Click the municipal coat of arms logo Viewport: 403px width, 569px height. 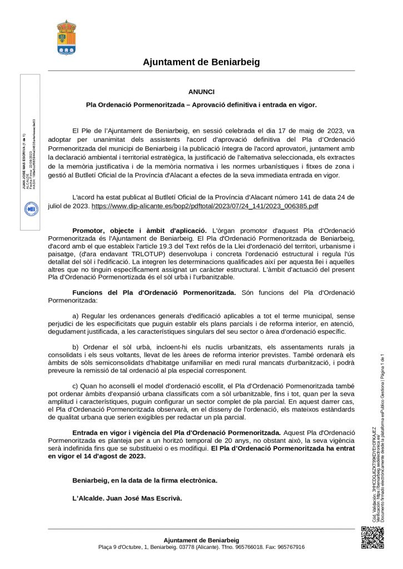(x=67, y=38)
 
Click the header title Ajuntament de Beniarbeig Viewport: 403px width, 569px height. (x=201, y=62)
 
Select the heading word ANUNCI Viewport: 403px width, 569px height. (x=201, y=92)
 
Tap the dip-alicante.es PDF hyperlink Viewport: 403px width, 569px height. (x=205, y=206)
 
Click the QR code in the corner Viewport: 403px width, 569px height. (x=372, y=537)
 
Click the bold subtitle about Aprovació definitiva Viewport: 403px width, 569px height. (x=201, y=104)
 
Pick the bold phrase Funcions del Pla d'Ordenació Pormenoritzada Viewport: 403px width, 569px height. (x=154, y=292)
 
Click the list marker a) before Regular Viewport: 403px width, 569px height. (x=77, y=316)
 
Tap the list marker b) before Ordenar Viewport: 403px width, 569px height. (x=77, y=347)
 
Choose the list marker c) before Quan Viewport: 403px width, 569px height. (x=77, y=386)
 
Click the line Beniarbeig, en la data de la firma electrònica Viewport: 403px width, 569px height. (x=145, y=480)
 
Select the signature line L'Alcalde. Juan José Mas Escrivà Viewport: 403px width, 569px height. (x=127, y=498)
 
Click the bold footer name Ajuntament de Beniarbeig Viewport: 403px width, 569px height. (x=201, y=540)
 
